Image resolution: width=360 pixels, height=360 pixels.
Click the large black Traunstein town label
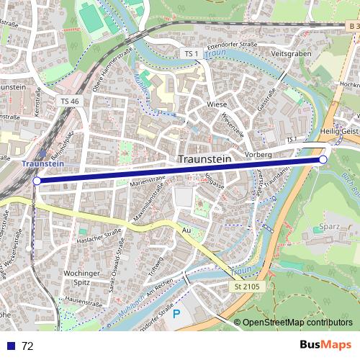click(210, 159)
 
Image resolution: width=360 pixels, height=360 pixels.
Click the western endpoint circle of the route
click(37, 181)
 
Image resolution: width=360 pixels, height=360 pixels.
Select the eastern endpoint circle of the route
click(323, 159)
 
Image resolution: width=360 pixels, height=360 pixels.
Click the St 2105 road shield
click(246, 287)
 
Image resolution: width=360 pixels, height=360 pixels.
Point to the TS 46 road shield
click(70, 102)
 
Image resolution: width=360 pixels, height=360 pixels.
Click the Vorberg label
click(258, 154)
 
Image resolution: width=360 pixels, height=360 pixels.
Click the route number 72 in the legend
click(28, 346)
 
